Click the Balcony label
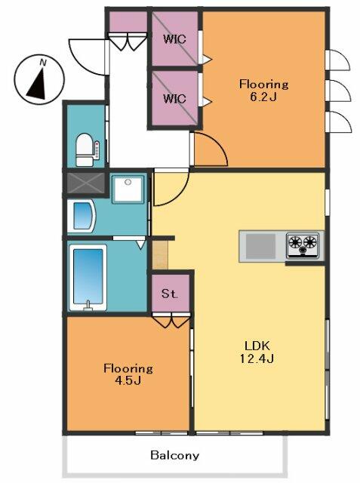(174, 455)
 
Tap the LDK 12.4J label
(257, 352)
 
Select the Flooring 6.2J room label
(263, 91)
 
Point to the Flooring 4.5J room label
(128, 374)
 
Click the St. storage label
(170, 294)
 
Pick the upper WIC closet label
(174, 39)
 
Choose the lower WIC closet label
(174, 99)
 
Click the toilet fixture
(88, 149)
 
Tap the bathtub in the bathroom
(88, 277)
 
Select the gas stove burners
(303, 245)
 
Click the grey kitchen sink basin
(260, 246)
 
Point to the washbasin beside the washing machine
(81, 215)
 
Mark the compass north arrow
(38, 83)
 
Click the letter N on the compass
(43, 63)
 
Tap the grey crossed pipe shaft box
(86, 183)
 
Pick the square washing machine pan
(128, 189)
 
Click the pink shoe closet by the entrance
(128, 22)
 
